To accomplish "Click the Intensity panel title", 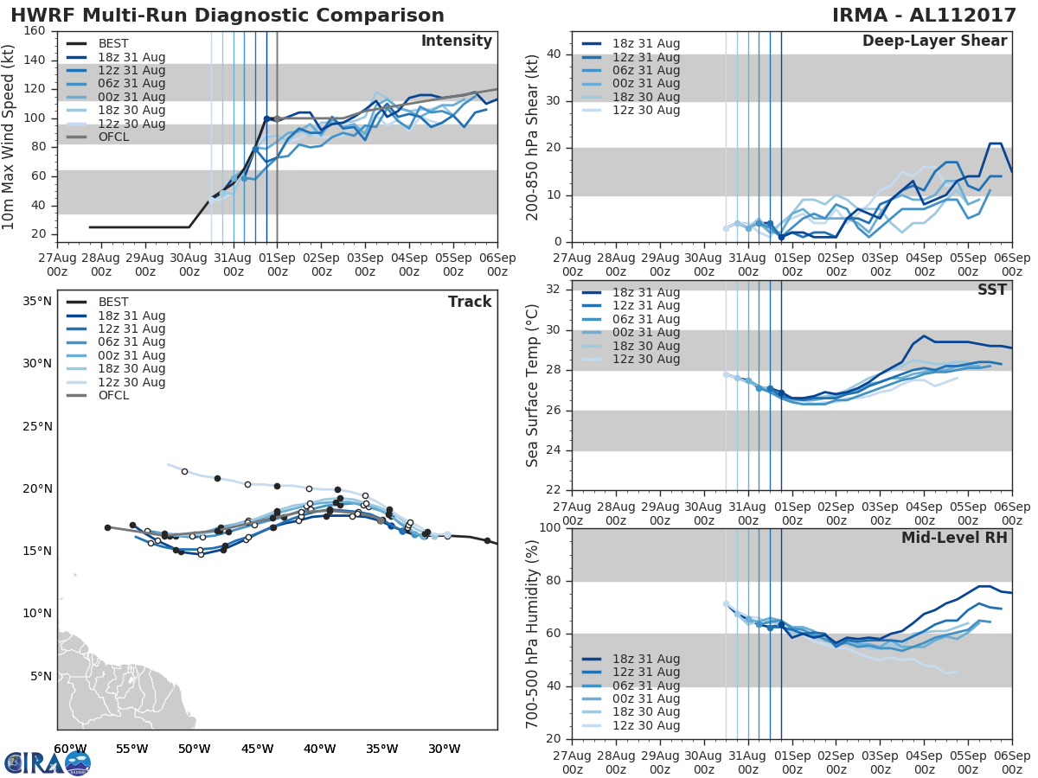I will coord(456,41).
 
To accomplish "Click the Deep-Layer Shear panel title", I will coord(934,41).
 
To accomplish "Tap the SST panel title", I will coord(991,290).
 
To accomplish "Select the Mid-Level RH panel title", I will coord(954,538).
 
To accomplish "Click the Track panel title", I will coord(470,302).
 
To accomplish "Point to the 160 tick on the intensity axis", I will coord(35,31).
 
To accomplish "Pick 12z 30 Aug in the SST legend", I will coord(646,359).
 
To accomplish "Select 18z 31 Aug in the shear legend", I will coord(646,43).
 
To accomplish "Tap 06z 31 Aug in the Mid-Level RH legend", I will coord(646,686).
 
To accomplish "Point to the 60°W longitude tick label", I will coord(70,749).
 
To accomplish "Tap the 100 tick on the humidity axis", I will coord(551,528).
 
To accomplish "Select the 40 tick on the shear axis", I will coord(554,54).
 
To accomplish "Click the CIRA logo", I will coord(48,762).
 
